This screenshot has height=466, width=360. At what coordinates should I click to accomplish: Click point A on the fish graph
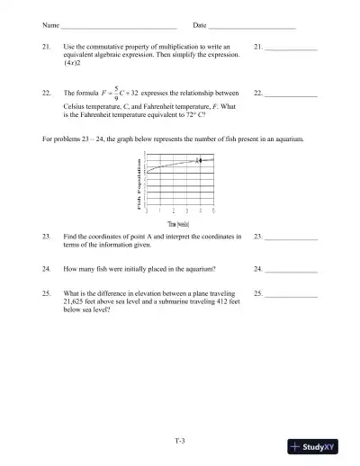200,160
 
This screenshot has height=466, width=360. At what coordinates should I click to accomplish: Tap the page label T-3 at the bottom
180,439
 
